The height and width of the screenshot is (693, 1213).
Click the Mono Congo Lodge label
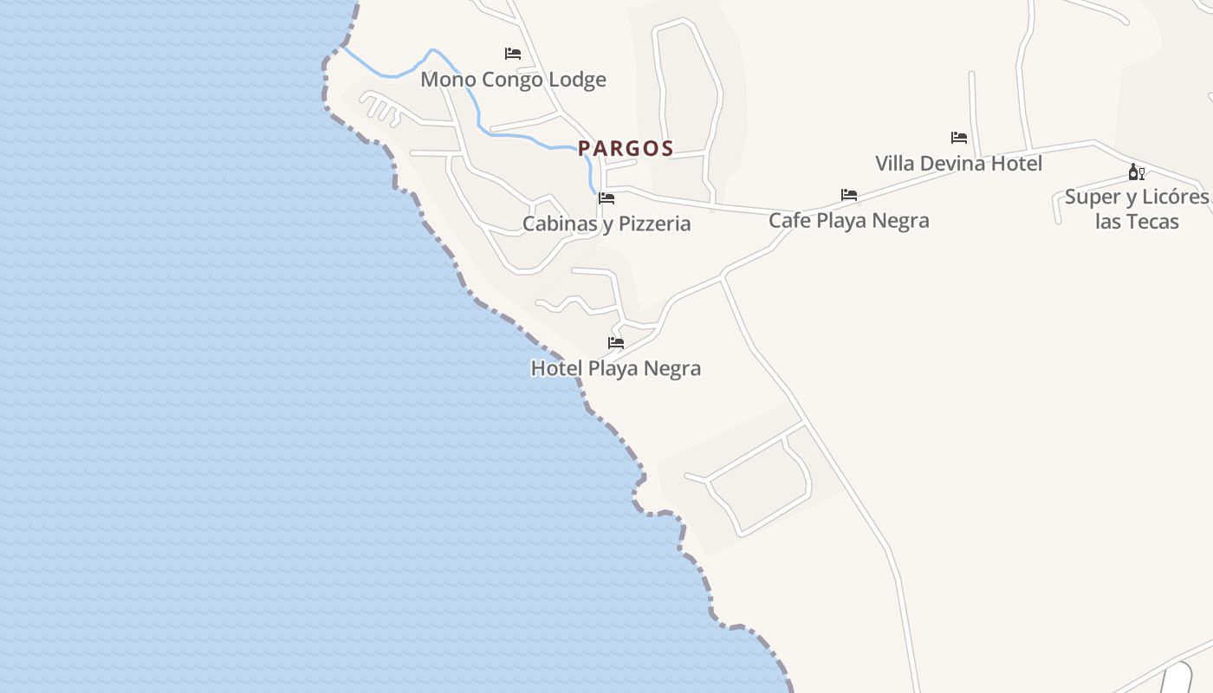coord(513,80)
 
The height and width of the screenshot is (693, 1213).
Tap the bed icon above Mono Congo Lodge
coord(513,54)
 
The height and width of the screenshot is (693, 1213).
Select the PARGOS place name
coord(626,148)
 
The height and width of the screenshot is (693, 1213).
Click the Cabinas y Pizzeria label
coord(606,223)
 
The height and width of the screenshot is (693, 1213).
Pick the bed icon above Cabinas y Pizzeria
coord(606,198)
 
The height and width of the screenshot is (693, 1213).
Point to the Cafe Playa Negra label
coord(848,220)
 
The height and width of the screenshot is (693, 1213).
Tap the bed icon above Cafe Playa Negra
coord(849,195)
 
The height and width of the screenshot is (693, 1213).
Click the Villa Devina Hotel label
coord(958,163)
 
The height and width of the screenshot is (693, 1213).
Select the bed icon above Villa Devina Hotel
coord(959,138)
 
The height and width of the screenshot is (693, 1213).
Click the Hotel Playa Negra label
coord(615,368)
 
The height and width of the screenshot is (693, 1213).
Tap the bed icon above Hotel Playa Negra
coord(616,343)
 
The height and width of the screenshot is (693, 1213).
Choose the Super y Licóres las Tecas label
coord(1137,209)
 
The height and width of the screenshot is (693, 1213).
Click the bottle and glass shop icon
coord(1137,172)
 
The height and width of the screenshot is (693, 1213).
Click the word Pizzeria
coord(650,223)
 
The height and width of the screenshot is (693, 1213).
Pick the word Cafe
coord(789,220)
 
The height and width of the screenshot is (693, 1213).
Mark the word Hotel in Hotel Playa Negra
coord(555,368)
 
